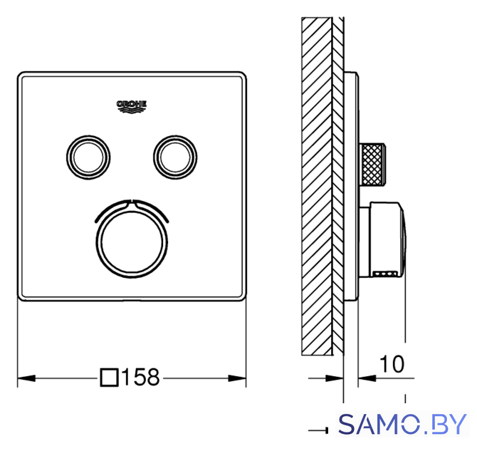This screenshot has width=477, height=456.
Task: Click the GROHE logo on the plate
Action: [132, 107]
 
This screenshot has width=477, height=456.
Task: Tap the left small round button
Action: [88, 157]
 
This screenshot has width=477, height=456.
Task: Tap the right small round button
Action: [175, 157]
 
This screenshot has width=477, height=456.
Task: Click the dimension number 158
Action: [140, 378]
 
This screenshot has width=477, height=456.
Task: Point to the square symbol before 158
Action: [109, 378]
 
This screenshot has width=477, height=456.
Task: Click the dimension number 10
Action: [392, 364]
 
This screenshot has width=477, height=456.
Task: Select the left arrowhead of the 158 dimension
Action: [27, 378]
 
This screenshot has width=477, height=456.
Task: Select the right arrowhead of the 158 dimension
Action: [237, 378]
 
